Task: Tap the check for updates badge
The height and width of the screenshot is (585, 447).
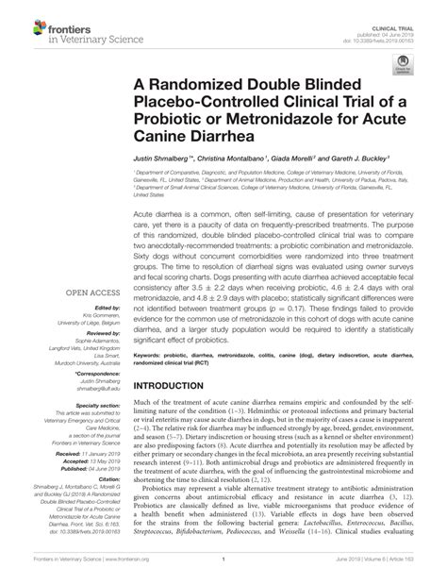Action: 406,64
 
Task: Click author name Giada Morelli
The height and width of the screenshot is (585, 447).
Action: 296,162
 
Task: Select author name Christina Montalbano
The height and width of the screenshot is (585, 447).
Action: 232,162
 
